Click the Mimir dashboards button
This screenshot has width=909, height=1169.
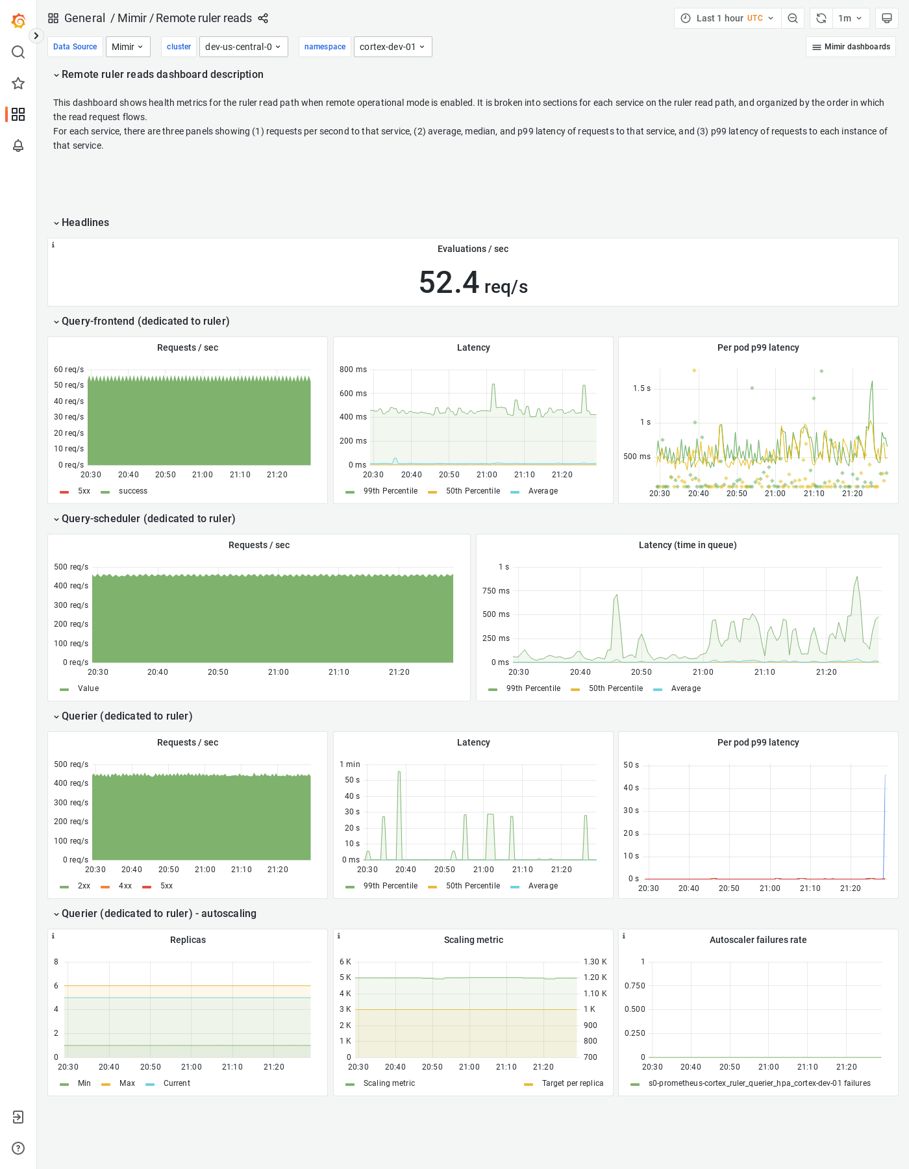[x=851, y=47]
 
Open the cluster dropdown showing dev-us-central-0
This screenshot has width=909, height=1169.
[x=243, y=47]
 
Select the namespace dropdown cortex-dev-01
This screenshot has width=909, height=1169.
[x=392, y=47]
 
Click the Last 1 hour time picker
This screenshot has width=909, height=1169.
[x=727, y=18]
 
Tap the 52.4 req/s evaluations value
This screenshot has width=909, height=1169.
[x=473, y=283]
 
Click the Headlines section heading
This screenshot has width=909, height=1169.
[x=85, y=223]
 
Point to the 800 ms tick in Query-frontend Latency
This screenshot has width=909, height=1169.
[x=353, y=370]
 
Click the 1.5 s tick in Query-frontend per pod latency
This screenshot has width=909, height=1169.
[x=641, y=388]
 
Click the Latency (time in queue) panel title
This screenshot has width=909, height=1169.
[x=687, y=545]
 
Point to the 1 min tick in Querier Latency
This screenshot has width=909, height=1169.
[x=349, y=764]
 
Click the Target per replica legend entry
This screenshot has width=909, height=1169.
[x=572, y=1083]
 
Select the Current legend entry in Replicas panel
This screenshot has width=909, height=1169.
[x=177, y=1083]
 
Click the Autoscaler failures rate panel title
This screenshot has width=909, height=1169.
[x=758, y=940]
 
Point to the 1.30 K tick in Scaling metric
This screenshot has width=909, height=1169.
[x=595, y=962]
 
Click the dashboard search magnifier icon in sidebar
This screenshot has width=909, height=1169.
[x=18, y=52]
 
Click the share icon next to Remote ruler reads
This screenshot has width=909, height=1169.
[x=263, y=18]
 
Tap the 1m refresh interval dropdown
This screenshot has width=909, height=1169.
[x=849, y=18]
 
